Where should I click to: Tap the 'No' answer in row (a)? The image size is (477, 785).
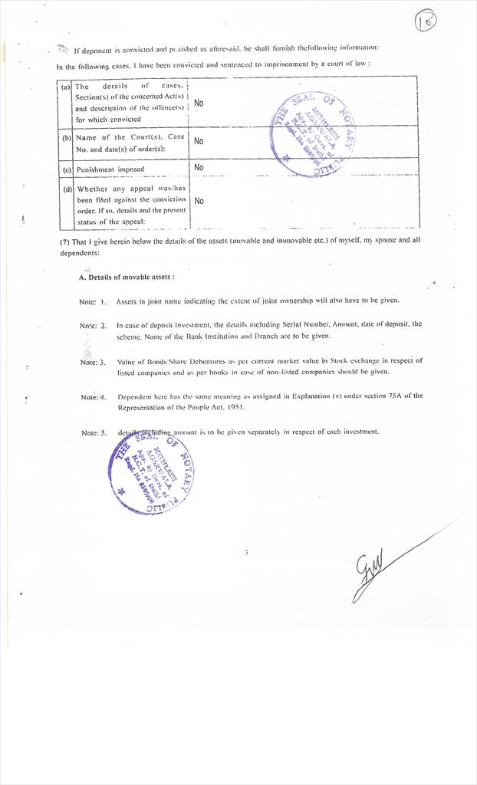pyautogui.click(x=199, y=103)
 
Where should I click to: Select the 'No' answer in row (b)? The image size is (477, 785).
pyautogui.click(x=199, y=141)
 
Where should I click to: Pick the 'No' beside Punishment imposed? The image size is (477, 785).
pyautogui.click(x=199, y=167)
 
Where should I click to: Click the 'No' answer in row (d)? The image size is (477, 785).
pyautogui.click(x=199, y=201)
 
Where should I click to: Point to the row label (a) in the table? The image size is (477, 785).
pyautogui.click(x=66, y=87)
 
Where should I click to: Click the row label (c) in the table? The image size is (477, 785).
pyautogui.click(x=67, y=169)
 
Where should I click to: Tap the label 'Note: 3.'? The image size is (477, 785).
pyautogui.click(x=93, y=362)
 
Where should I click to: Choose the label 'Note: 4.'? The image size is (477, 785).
pyautogui.click(x=93, y=397)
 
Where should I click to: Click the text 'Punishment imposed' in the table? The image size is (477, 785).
pyautogui.click(x=110, y=169)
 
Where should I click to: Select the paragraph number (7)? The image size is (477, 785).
pyautogui.click(x=64, y=241)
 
